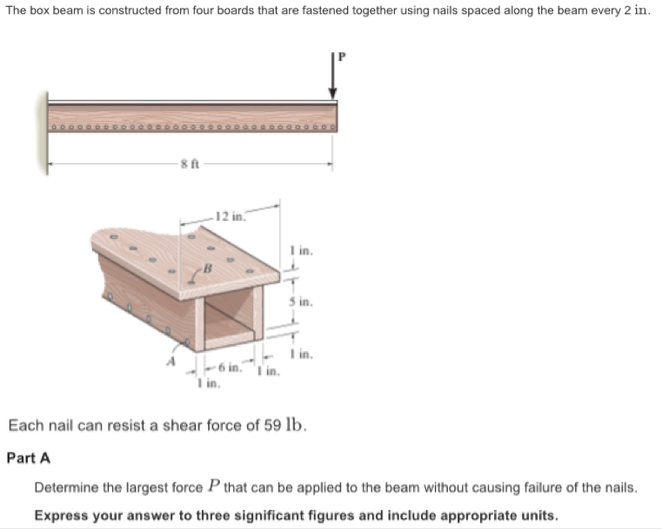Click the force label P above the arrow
point(342,56)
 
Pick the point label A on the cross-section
point(171,359)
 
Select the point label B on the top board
point(209,268)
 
